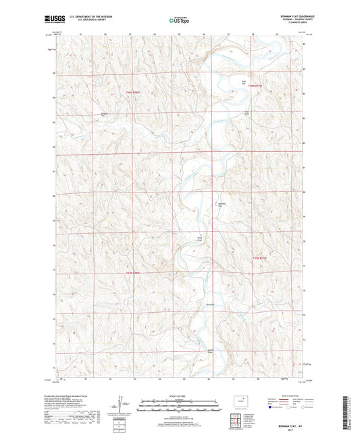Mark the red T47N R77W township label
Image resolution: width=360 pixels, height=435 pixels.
point(260,257)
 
